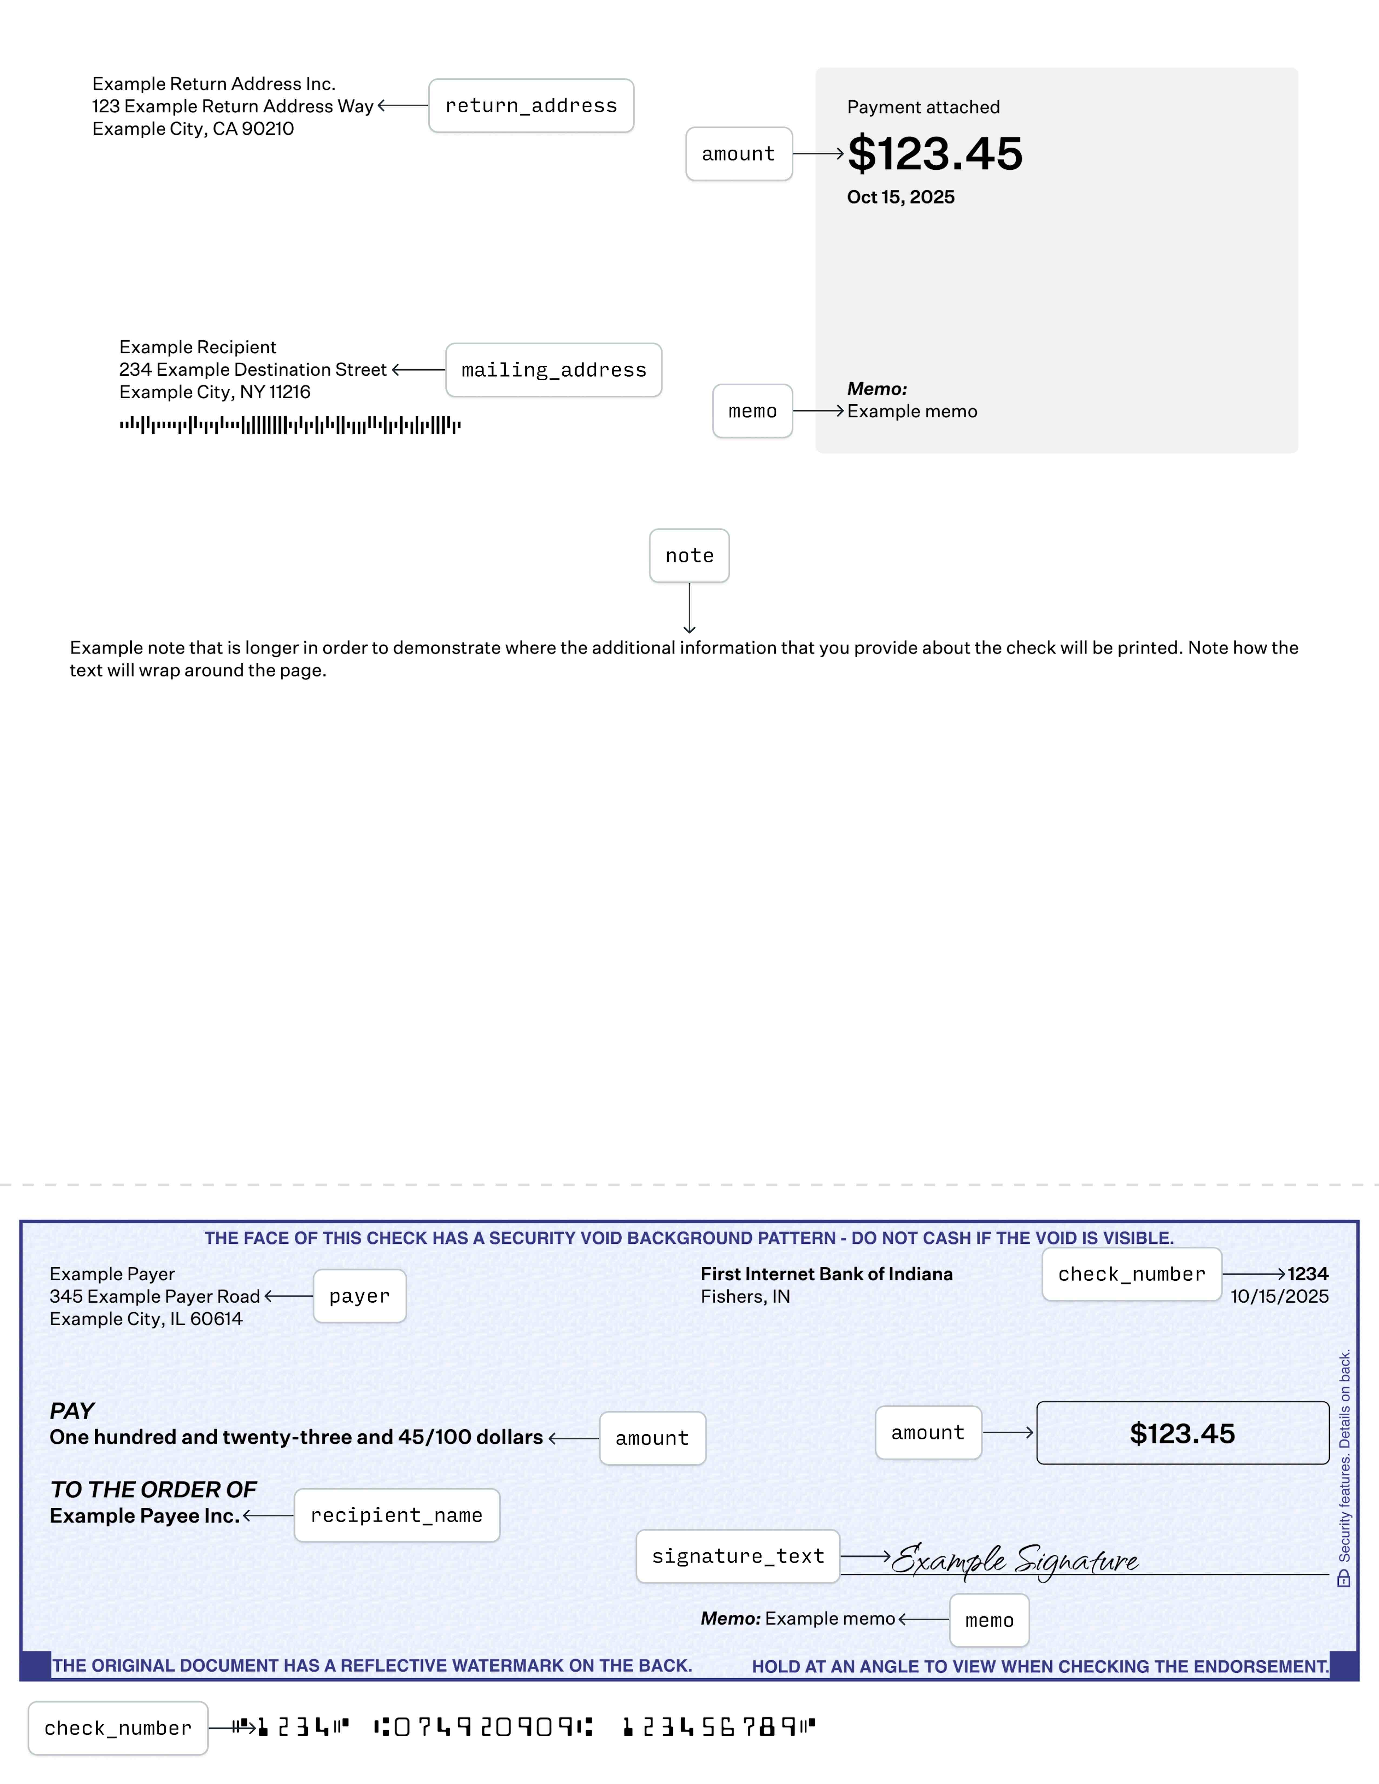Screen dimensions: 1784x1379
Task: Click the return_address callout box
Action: (531, 105)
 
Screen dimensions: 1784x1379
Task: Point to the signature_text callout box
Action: (738, 1556)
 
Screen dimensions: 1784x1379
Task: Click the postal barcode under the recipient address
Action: (290, 425)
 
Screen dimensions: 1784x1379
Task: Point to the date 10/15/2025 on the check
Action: (1279, 1296)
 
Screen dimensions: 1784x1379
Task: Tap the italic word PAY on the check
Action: (72, 1411)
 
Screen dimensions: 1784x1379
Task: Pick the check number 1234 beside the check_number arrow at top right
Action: (1308, 1273)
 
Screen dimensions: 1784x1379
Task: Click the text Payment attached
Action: (923, 107)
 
